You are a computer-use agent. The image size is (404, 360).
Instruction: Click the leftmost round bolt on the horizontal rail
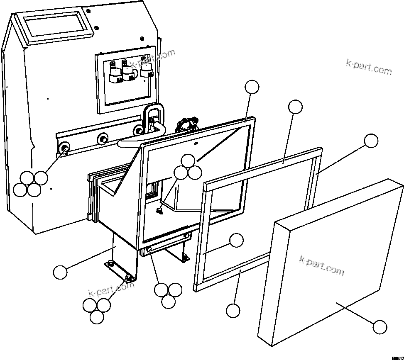[x=64, y=147]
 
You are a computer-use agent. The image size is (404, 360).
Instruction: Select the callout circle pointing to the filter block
[x=380, y=327]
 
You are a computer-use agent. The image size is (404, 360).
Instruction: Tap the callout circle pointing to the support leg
[x=60, y=272]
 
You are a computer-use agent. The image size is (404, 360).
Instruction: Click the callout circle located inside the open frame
[x=237, y=240]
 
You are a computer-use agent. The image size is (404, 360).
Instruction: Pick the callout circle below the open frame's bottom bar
[x=233, y=310]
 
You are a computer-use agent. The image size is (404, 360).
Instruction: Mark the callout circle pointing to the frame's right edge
[x=371, y=141]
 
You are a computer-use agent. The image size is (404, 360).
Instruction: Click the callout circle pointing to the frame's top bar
[x=295, y=107]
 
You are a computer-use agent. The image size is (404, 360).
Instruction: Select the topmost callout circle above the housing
[x=252, y=87]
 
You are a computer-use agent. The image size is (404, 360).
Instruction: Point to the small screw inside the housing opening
[x=159, y=211]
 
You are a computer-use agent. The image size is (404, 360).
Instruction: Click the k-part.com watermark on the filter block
[x=321, y=265]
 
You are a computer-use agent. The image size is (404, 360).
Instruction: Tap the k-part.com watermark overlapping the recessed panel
[x=152, y=58]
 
